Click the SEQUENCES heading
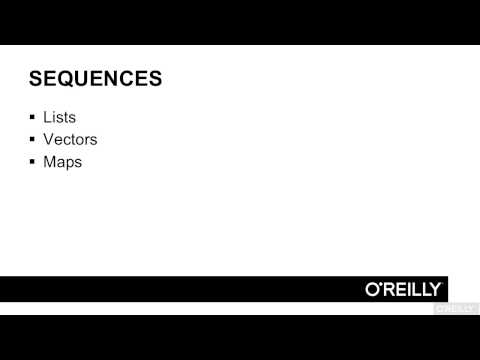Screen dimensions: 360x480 (95, 79)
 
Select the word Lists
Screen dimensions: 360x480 (60, 117)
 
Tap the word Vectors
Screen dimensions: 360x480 (70, 139)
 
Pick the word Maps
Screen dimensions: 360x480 (62, 161)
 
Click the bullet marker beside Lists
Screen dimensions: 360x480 (33, 118)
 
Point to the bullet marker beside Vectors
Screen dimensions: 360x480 (33, 140)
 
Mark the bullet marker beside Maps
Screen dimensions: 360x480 (33, 162)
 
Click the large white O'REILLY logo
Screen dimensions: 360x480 (404, 288)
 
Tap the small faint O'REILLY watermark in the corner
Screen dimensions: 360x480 (455, 309)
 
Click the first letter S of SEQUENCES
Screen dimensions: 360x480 (36, 79)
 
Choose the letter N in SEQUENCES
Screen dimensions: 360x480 (113, 79)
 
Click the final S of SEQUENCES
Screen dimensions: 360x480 (155, 79)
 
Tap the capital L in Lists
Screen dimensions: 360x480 (48, 117)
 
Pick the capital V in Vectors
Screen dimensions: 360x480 (49, 139)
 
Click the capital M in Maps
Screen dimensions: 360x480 (49, 161)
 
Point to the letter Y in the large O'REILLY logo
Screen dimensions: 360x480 (438, 288)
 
